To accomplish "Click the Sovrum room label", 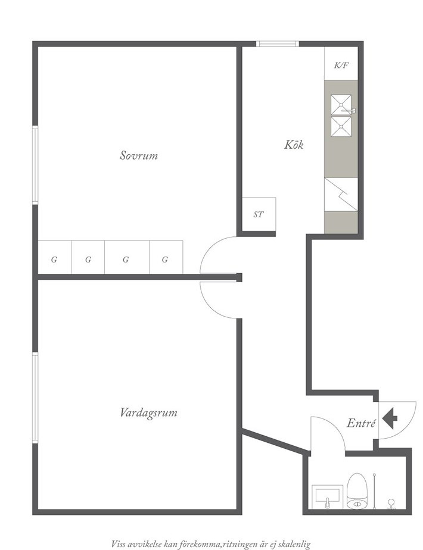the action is coord(139,155).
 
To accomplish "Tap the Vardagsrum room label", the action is coord(148,412).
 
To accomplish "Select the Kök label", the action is coord(294,145).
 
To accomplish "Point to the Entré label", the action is coord(361,423).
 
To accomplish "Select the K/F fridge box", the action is coord(341,64).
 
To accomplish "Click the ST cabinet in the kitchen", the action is coord(259,214).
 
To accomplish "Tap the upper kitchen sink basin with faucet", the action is coord(341,105).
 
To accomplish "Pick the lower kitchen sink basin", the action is coord(341,126).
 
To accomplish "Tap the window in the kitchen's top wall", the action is coord(277,44).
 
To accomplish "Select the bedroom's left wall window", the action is coord(35,165).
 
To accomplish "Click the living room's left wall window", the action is coord(35,398).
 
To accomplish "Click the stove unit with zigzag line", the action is coord(341,194).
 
